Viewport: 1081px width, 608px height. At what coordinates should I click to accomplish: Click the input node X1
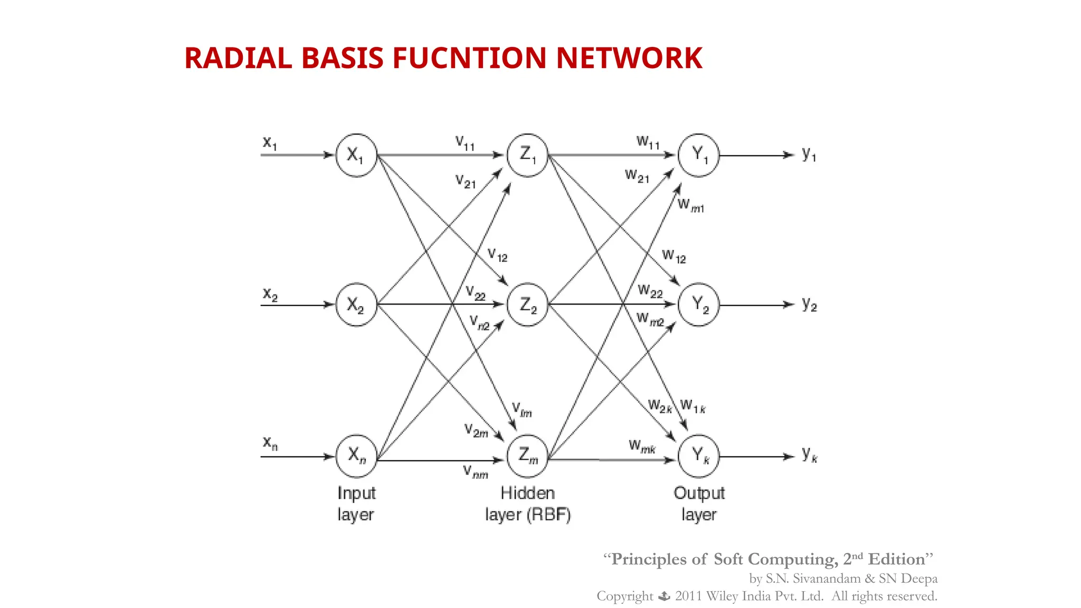[356, 155]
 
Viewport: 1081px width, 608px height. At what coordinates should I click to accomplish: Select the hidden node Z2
[527, 305]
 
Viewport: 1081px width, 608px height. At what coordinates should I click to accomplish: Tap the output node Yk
[698, 456]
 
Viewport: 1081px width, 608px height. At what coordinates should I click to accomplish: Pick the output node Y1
[698, 155]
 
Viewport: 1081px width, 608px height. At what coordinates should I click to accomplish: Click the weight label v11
[465, 143]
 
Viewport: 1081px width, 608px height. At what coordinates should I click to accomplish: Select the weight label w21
[637, 176]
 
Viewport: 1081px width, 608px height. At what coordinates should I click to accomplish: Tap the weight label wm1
[690, 205]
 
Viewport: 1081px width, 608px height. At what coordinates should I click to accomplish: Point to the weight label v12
[497, 255]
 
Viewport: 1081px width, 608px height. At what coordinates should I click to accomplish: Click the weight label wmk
[642, 447]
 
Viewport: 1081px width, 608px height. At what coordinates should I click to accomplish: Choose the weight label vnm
[475, 471]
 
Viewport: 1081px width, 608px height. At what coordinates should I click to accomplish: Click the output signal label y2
[809, 305]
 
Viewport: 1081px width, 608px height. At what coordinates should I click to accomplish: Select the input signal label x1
[270, 142]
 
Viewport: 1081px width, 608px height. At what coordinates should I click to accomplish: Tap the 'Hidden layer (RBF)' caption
[527, 503]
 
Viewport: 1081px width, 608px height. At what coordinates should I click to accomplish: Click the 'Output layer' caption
[698, 503]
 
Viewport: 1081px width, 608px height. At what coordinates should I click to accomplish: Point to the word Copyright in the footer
[624, 596]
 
